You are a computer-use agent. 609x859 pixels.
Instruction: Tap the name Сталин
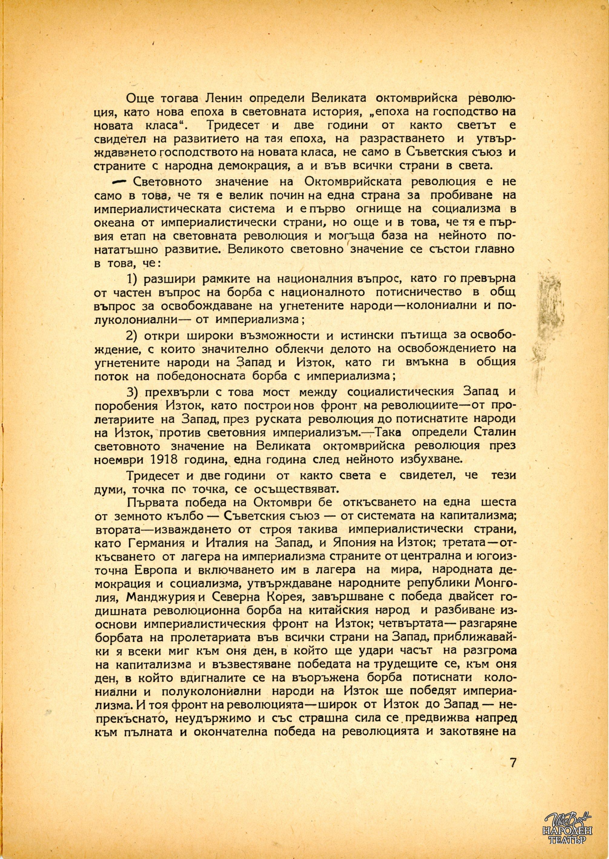(x=492, y=433)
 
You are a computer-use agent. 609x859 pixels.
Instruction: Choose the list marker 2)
(x=133, y=335)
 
